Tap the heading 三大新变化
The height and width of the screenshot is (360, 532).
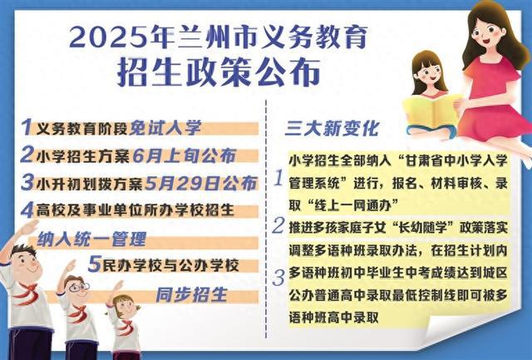[x=332, y=128]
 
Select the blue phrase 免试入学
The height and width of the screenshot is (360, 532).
[x=165, y=128]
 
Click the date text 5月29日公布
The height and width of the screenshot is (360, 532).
[x=200, y=183]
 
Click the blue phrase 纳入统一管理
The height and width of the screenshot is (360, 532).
[x=91, y=239]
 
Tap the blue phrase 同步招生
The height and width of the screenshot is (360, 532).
[x=191, y=294]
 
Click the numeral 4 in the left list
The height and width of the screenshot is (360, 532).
[x=27, y=210]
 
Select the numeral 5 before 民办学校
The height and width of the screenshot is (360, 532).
[x=95, y=264]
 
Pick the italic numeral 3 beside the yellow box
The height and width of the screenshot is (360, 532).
[x=278, y=278]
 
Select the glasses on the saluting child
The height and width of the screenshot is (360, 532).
[x=79, y=287]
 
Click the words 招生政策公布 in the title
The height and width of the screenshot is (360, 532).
[x=219, y=72]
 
